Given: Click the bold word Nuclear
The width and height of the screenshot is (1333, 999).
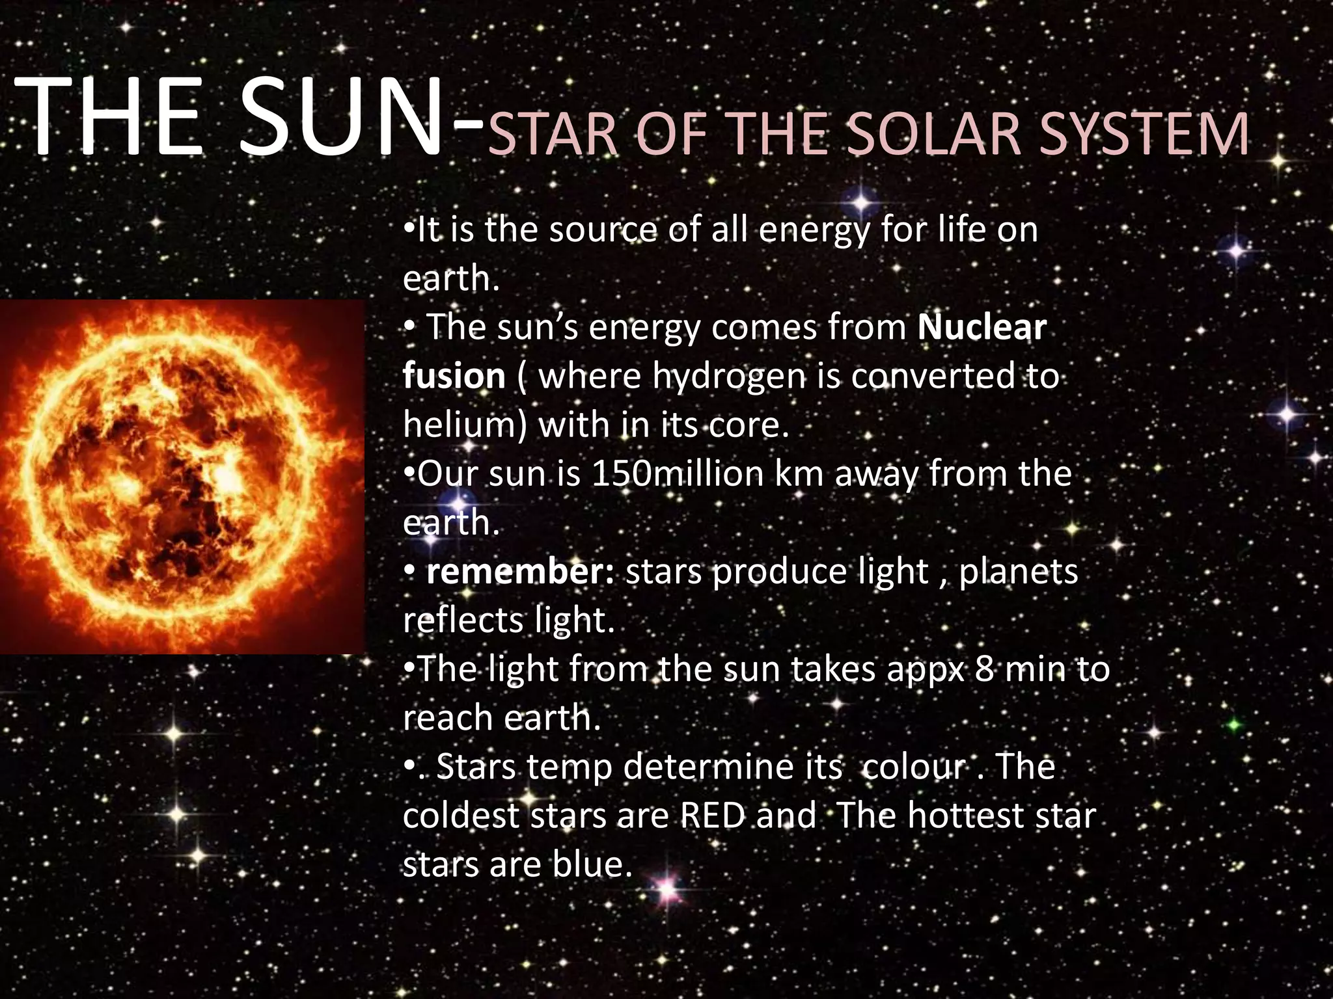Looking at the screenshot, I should point(982,326).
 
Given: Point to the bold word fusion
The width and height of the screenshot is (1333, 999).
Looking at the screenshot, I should point(454,376).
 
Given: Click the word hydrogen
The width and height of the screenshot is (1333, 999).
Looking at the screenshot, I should point(729,376).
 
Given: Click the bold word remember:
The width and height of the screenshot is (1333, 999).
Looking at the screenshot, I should point(519,572).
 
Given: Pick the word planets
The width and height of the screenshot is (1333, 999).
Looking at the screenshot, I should point(1019,572).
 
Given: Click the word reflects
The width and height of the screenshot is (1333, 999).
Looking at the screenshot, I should point(463,620).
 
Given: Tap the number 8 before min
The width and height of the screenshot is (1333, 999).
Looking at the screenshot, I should point(984,669).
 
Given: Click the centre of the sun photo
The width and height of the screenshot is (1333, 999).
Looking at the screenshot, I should point(182,477).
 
